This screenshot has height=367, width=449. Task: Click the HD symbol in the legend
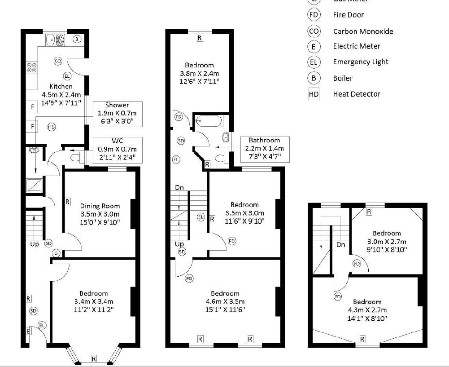tap(314, 94)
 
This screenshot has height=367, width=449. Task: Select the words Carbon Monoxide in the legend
tap(363, 31)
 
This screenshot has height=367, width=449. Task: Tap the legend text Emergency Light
tap(360, 62)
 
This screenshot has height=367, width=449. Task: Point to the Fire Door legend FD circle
tap(314, 15)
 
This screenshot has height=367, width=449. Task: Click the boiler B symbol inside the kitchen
tap(77, 40)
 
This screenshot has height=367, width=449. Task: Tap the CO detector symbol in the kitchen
tap(58, 61)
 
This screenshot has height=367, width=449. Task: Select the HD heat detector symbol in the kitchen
tap(52, 128)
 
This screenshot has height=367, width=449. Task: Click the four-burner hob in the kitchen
tap(32, 67)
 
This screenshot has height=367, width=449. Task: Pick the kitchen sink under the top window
tap(56, 40)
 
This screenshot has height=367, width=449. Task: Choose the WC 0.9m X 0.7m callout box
tap(117, 150)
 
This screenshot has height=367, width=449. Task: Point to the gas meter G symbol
tap(56, 253)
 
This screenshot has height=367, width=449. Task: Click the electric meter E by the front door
tap(28, 332)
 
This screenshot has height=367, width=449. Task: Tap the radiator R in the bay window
tap(93, 358)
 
